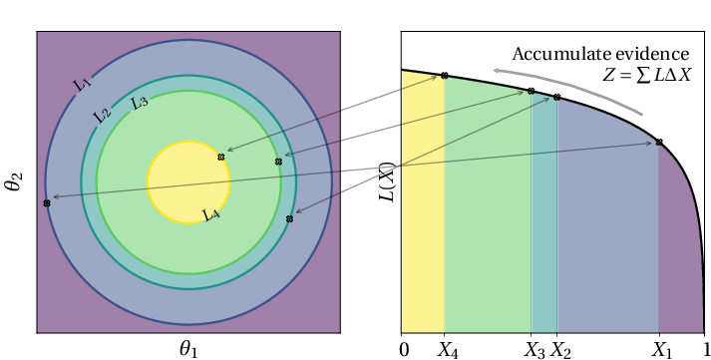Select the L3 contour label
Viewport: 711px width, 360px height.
click(139, 102)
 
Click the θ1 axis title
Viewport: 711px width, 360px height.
click(187, 348)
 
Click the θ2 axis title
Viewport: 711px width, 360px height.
click(16, 180)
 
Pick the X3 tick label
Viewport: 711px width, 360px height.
click(534, 349)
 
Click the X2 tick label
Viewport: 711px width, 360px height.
click(560, 349)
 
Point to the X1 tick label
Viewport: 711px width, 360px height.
click(660, 349)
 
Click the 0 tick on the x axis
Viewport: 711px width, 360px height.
click(403, 349)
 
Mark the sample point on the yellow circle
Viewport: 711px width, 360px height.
click(221, 158)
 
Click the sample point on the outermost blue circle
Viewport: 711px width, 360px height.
click(47, 203)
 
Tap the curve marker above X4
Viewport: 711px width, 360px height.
click(445, 75)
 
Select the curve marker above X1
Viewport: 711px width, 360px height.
click(659, 143)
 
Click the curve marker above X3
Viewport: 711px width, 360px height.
click(532, 92)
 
